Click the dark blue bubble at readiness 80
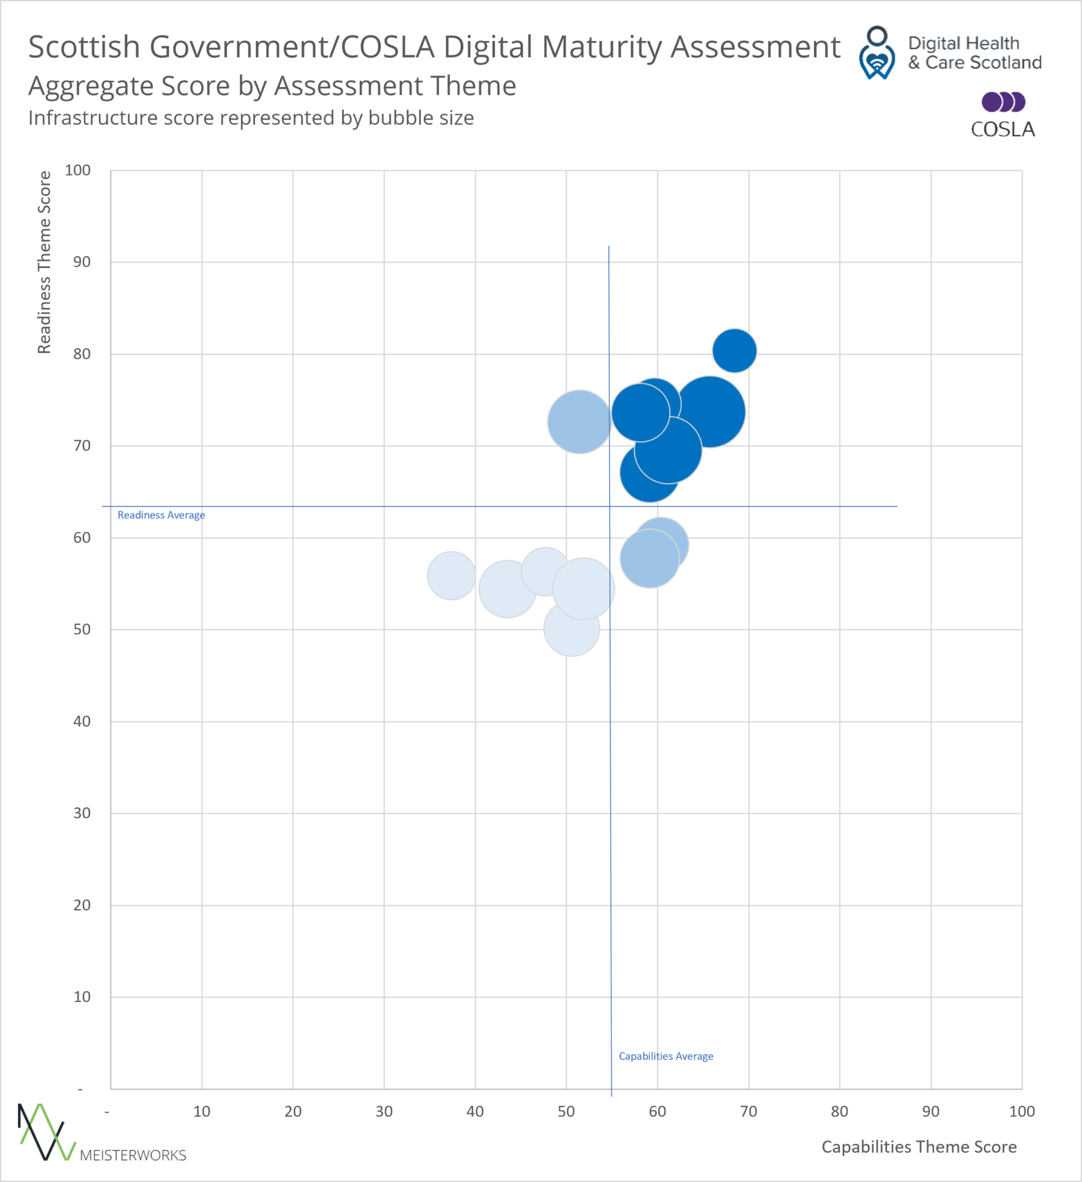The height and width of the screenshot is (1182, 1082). pos(734,350)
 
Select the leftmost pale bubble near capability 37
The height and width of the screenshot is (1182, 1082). pos(451,575)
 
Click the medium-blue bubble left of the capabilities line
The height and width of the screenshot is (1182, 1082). pos(579,421)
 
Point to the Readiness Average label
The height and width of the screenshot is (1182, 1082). pos(161,515)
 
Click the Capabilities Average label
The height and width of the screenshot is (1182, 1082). pos(666,1056)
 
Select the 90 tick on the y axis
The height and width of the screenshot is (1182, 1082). pos(81,262)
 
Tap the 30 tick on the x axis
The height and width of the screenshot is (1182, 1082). pos(383,1111)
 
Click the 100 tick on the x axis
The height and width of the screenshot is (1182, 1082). pos(1021,1111)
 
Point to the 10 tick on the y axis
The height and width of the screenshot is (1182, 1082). pos(81,997)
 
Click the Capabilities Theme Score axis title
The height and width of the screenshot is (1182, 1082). pos(919,1147)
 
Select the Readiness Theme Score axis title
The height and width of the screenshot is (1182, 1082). pos(44,262)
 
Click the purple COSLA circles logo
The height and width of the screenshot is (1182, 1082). pos(1003,102)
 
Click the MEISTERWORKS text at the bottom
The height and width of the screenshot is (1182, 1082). pos(133,1155)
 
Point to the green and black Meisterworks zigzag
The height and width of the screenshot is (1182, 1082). pos(46,1132)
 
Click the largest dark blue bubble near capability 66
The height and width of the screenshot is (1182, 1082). pos(710,412)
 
